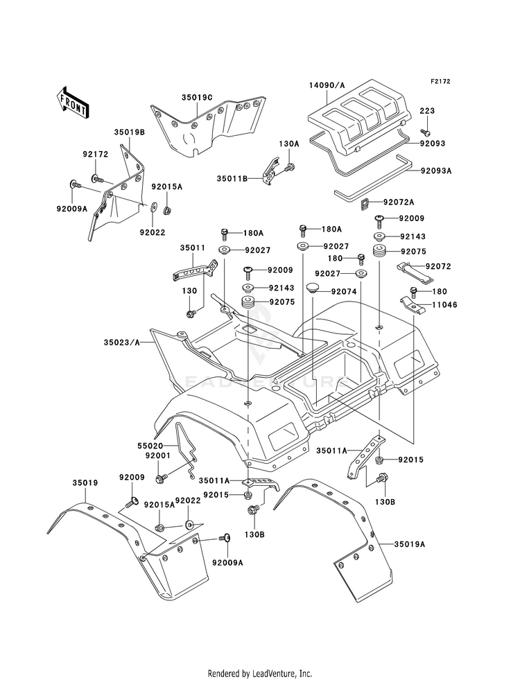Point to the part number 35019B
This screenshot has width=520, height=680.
coord(129,132)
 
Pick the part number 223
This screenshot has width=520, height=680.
coord(426,111)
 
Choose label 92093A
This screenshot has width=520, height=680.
coord(435,169)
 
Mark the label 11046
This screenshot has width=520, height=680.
coord(438,304)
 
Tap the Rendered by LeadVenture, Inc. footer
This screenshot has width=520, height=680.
coord(260,673)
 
